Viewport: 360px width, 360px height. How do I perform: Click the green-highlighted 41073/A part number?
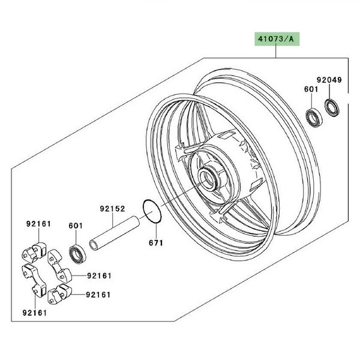click(x=276, y=40)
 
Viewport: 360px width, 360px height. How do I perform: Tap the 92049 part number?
click(x=329, y=79)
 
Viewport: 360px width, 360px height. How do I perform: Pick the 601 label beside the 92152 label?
click(x=76, y=226)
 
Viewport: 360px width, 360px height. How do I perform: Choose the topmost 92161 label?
click(x=38, y=224)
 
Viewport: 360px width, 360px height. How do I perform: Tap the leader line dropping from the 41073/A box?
click(x=276, y=52)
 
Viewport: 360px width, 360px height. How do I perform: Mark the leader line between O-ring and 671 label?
click(x=155, y=230)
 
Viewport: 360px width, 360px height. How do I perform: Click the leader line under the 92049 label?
click(x=329, y=91)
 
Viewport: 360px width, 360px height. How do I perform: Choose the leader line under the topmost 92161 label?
click(x=38, y=235)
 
